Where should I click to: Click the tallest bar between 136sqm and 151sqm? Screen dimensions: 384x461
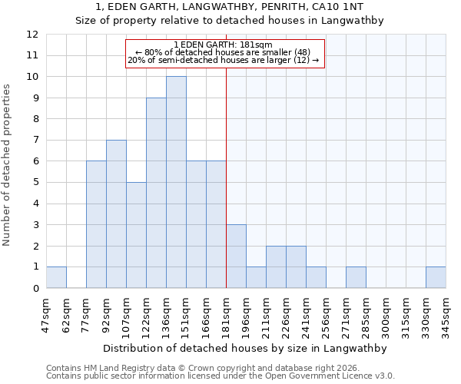point(176,182)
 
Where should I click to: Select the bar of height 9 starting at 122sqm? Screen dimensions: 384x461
point(156,193)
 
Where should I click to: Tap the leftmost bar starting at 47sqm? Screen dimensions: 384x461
point(56,277)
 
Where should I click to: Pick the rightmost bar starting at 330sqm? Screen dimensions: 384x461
point(436,277)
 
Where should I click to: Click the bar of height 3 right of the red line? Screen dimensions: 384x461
point(236,257)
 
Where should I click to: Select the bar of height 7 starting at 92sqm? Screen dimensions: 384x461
point(116,214)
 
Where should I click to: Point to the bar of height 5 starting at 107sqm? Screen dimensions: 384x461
point(136,235)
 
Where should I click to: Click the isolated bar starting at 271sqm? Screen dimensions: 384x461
point(356,277)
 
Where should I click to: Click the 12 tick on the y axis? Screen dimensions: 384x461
point(32,35)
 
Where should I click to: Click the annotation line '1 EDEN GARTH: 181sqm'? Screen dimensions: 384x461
point(224,45)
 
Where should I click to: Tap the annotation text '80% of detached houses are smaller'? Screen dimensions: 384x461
point(224,52)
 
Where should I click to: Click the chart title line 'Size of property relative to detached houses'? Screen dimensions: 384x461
point(229,21)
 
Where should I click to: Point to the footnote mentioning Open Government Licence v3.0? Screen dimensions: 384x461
point(221,376)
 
